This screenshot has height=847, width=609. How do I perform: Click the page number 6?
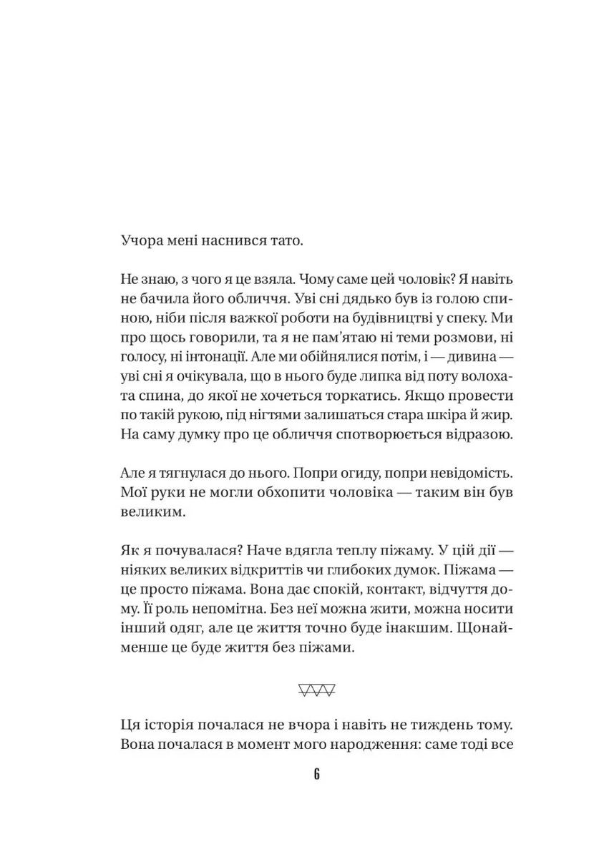(x=316, y=775)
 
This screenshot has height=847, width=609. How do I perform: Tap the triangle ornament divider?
(x=316, y=691)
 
